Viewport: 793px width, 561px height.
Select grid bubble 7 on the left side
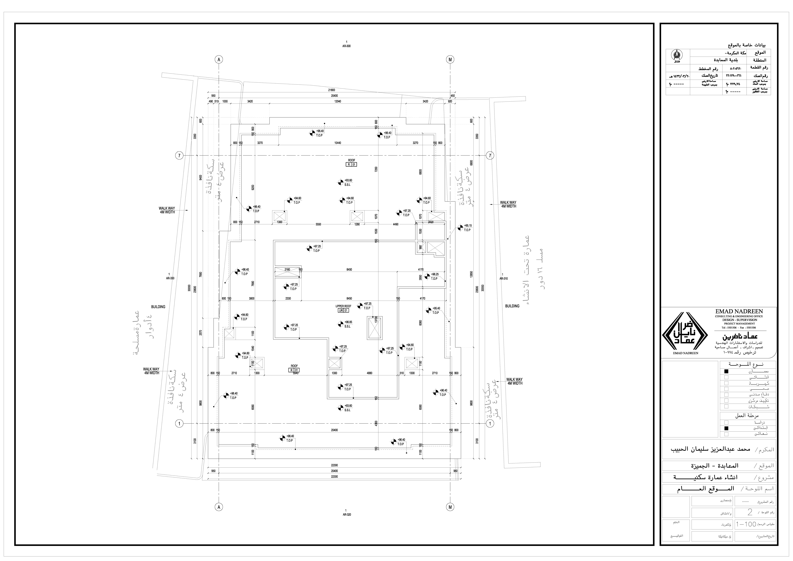pyautogui.click(x=179, y=156)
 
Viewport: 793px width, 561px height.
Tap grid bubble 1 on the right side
pyautogui.click(x=490, y=424)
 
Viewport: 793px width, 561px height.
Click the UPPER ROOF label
pyautogui.click(x=343, y=306)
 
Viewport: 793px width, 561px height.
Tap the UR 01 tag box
pyautogui.click(x=343, y=311)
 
